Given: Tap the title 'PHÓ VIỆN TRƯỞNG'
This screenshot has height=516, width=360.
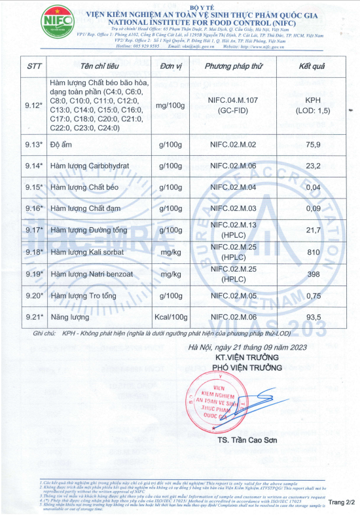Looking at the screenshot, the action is pos(247,367).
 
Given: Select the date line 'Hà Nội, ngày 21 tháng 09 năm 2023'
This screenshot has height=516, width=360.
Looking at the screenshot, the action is pos(247,348).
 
